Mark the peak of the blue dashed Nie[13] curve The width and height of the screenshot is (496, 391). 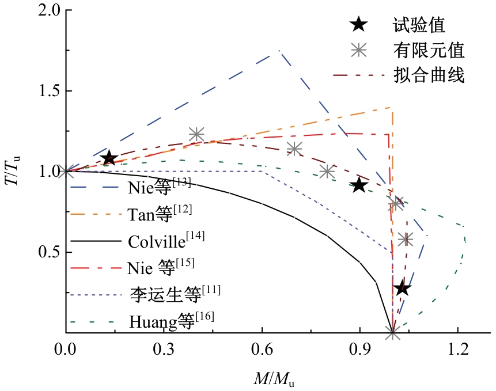click(279, 51)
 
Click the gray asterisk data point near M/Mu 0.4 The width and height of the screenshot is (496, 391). click(196, 134)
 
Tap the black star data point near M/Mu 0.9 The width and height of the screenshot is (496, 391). click(359, 185)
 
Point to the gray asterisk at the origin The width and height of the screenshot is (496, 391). click(66, 171)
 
